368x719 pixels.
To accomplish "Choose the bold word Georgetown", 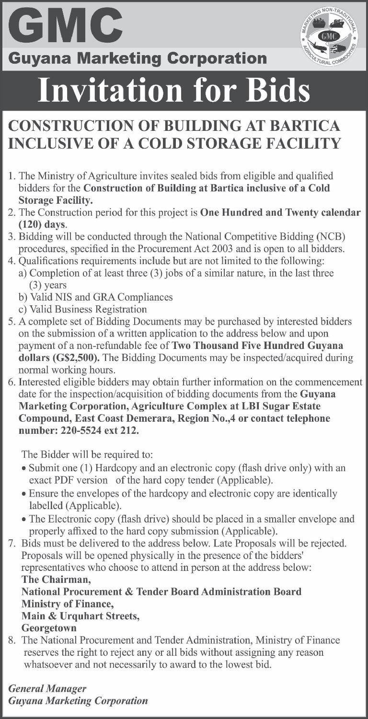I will coord(49,627).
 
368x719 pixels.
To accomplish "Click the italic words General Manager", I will coord(47,688).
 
